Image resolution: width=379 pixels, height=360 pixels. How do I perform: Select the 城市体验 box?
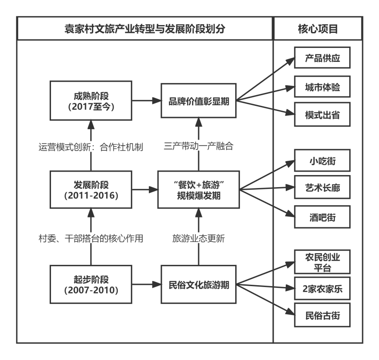322,88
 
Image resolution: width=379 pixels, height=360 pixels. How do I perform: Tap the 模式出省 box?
322,115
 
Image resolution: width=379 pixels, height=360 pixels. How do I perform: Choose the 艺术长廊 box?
322,188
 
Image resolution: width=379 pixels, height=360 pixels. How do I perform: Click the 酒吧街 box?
322,217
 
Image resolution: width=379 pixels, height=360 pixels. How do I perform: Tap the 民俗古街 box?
322,315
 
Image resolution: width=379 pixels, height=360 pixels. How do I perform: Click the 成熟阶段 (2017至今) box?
91,101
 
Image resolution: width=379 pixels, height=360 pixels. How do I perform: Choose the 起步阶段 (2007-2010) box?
91,284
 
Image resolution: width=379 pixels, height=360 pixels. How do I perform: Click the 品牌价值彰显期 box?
199,101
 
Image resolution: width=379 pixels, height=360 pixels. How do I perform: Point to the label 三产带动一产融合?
199,146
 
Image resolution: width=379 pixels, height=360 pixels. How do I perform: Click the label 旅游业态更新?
199,239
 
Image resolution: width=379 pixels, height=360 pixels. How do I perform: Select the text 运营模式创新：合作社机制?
91,146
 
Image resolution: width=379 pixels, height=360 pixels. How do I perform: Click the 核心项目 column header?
318,29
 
